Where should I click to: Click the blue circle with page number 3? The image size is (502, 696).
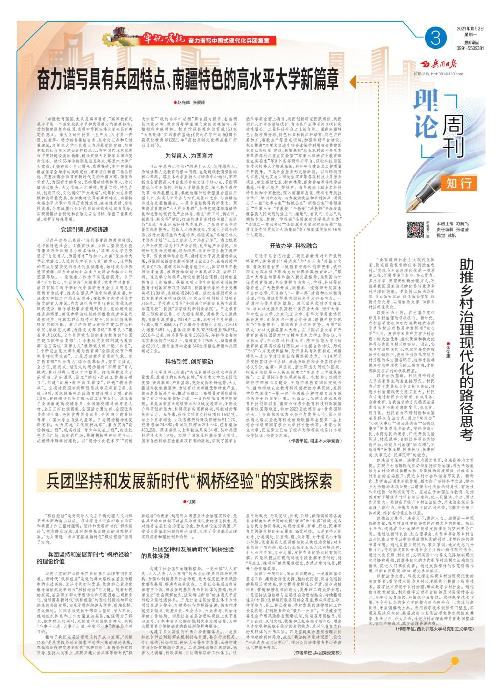(434, 36)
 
